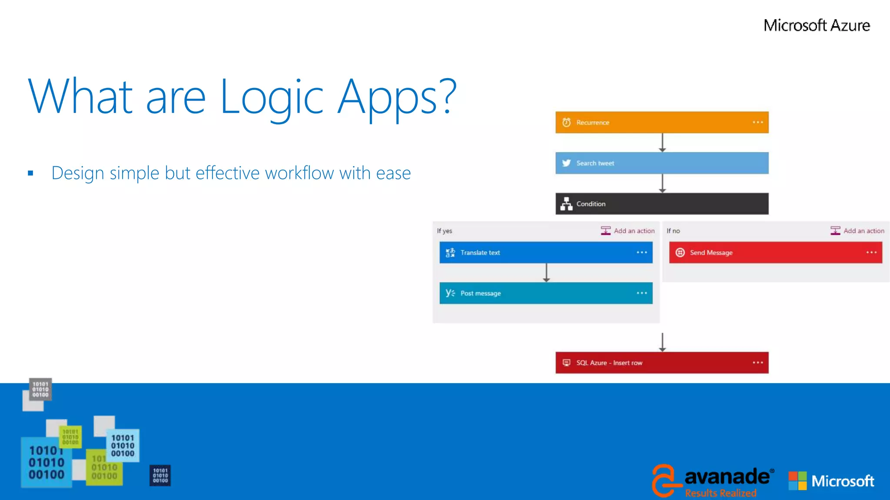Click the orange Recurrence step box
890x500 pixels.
pos(661,122)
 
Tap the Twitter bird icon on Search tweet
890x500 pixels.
pos(566,163)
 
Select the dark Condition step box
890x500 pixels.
pos(661,204)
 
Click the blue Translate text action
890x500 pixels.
pos(545,253)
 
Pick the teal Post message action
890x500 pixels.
pos(545,293)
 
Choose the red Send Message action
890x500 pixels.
pos(775,253)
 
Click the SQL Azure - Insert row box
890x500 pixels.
pos(661,363)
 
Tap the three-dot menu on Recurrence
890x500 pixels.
pos(758,122)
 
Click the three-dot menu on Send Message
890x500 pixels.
pos(871,253)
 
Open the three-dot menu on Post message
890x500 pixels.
pos(642,293)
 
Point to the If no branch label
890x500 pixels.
pos(673,231)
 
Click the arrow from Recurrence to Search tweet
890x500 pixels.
pos(662,143)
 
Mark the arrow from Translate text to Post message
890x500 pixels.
pos(547,273)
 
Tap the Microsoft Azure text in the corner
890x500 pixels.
pos(817,26)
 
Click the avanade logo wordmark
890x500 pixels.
pos(727,477)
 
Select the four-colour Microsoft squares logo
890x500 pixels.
pos(797,481)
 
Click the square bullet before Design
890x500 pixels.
pos(30,173)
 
